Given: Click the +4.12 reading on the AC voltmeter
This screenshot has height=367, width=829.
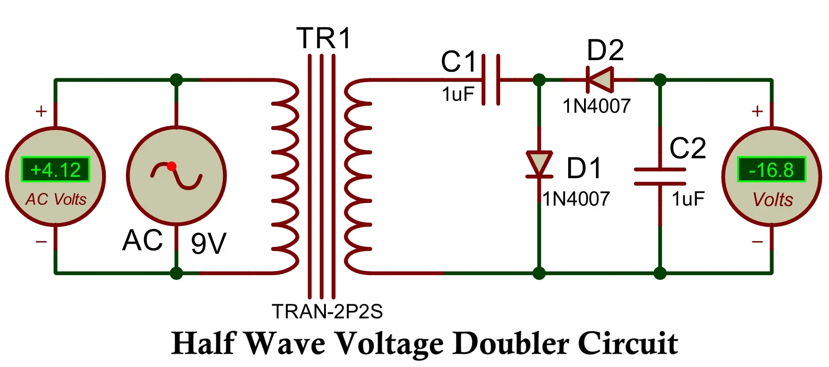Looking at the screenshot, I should tap(56, 170).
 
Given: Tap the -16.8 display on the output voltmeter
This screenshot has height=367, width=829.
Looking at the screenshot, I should tap(772, 170).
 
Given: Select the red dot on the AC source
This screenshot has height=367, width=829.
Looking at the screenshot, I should tap(172, 166).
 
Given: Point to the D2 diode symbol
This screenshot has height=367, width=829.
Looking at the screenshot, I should tap(600, 80).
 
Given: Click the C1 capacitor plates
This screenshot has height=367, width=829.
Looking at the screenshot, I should tap(491, 80).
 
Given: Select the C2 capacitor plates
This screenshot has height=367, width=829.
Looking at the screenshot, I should tap(660, 176).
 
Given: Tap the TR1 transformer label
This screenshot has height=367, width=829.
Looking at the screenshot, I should tap(324, 38).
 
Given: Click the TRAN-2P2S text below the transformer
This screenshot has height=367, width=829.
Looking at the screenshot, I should tap(327, 312).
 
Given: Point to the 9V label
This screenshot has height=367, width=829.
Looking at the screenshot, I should tap(209, 243).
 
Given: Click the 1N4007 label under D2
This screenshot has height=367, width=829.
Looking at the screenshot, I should tap(596, 106).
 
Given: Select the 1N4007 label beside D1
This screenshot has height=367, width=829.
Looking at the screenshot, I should tap(577, 199).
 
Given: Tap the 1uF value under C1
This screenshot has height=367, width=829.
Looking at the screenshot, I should tap(458, 94).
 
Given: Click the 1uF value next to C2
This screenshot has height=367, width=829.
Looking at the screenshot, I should tap(688, 199).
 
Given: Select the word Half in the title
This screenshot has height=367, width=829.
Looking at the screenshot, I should tap(203, 343).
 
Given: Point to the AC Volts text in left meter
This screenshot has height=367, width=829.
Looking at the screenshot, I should tap(56, 199).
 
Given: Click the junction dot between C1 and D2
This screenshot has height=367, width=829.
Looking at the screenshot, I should tap(539, 80).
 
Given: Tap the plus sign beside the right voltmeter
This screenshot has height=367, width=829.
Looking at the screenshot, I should tap(757, 111).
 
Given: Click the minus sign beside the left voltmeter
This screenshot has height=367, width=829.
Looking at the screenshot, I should tap(41, 241).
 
